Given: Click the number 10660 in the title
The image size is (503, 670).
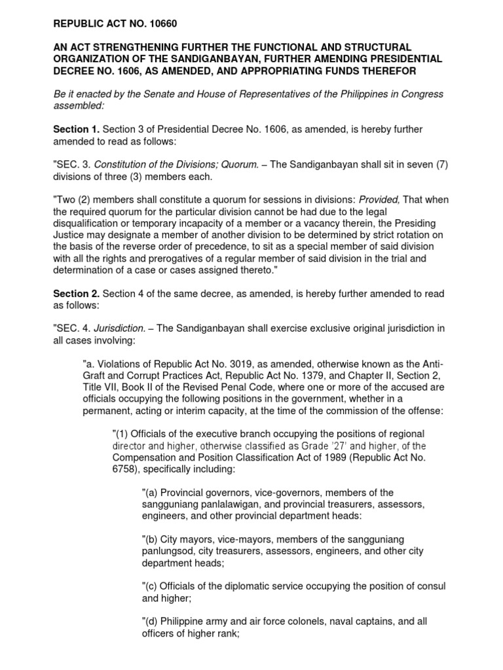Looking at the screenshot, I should (x=160, y=24).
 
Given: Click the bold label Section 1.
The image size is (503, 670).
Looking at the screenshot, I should (x=75, y=130).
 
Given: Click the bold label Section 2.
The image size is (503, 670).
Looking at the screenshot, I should (x=75, y=294).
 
